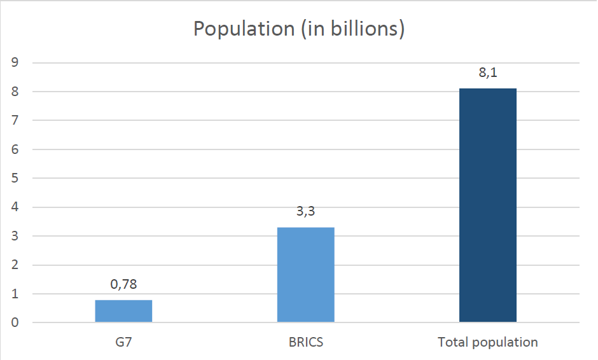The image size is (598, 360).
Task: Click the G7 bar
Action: pyautogui.click(x=123, y=311)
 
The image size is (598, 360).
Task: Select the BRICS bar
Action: pyautogui.click(x=306, y=275)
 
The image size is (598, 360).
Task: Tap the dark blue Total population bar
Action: pyautogui.click(x=488, y=205)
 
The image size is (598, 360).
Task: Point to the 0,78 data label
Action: pyautogui.click(x=123, y=284)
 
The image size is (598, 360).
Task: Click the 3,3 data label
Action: pyautogui.click(x=306, y=211)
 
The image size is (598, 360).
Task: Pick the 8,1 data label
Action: pyautogui.click(x=488, y=72)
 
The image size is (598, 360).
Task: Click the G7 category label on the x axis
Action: pyautogui.click(x=123, y=342)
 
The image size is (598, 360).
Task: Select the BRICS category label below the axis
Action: pyautogui.click(x=306, y=342)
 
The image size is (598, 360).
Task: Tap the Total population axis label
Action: pyautogui.click(x=488, y=342)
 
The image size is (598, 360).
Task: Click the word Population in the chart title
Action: pyautogui.click(x=244, y=29)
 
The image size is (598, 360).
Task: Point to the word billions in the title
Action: pyautogui.click(x=365, y=29)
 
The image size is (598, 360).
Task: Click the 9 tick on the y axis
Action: pyautogui.click(x=15, y=62)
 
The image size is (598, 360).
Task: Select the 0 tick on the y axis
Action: pyautogui.click(x=15, y=322)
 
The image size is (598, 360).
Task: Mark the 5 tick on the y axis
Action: pyautogui.click(x=15, y=178)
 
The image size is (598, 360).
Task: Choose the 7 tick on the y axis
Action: pyautogui.click(x=15, y=120)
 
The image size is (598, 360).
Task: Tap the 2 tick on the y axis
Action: pyautogui.click(x=15, y=265)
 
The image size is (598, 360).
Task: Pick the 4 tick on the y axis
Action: pyautogui.click(x=15, y=207)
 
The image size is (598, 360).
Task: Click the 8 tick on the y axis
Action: pyautogui.click(x=15, y=91)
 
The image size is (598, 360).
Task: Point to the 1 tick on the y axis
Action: pyautogui.click(x=15, y=294)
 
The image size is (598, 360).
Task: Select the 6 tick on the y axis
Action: pyautogui.click(x=15, y=149)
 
